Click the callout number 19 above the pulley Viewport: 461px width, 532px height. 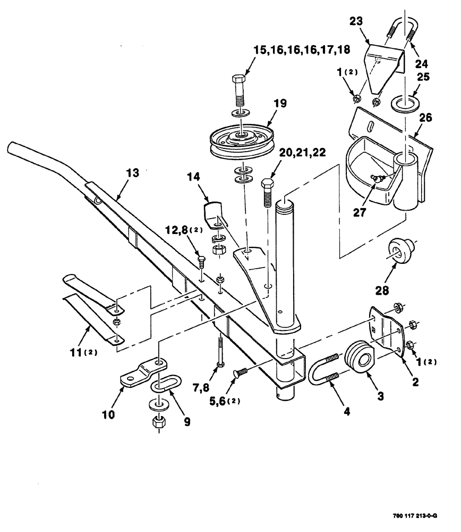coord(280,103)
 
